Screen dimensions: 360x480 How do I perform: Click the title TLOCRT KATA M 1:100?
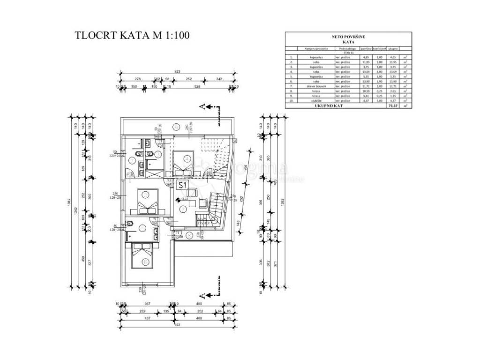click(133, 36)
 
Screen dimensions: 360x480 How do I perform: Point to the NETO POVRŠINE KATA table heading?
click(348, 39)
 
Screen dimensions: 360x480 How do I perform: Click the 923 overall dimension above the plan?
click(178, 71)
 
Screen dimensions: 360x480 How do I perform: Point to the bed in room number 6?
click(144, 256)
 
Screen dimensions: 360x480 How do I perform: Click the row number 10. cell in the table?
click(292, 101)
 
